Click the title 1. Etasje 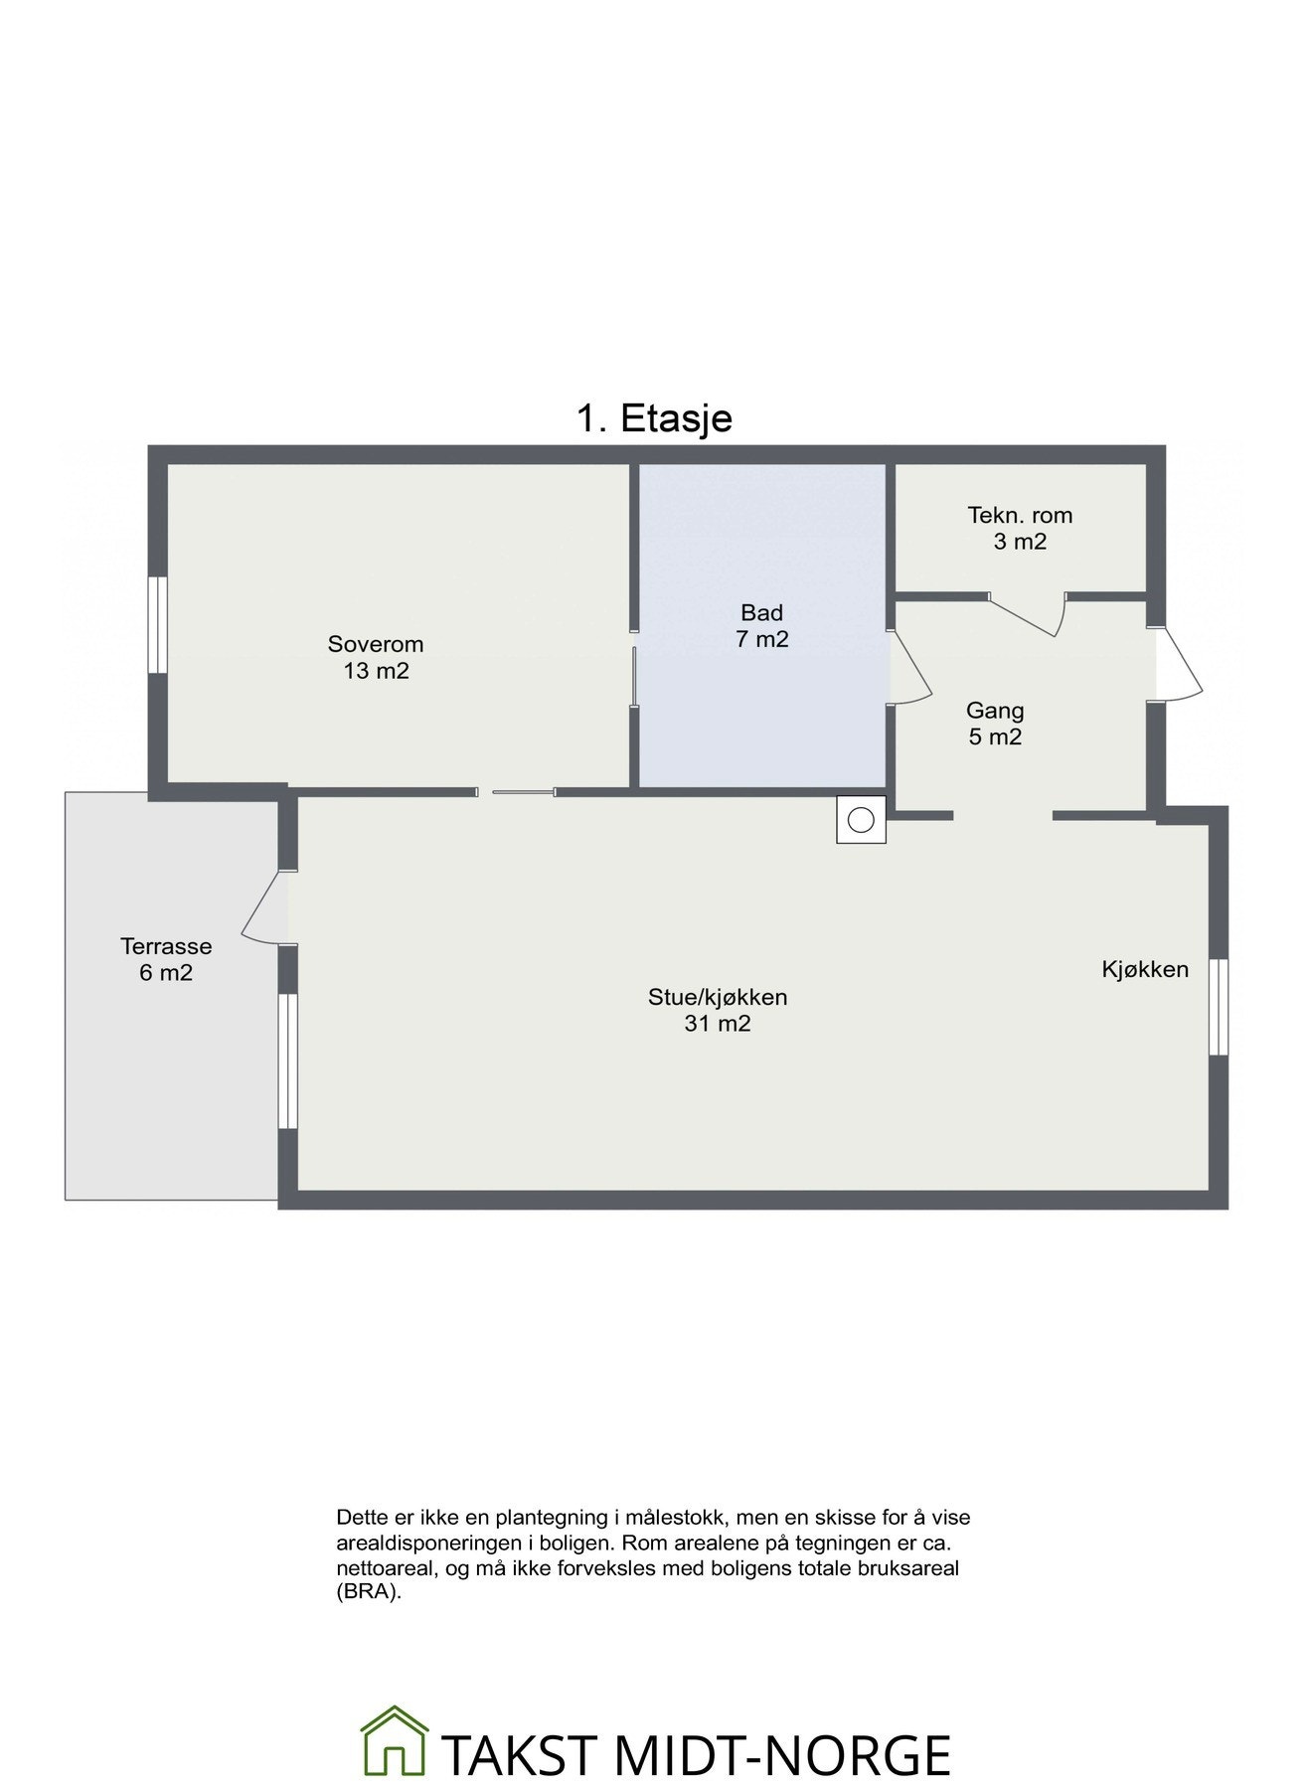654,418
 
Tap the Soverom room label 376,644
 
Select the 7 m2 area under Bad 761,639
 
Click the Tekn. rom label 1020,515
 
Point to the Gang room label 995,711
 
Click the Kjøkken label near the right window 1144,969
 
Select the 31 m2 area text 717,1024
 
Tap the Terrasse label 166,946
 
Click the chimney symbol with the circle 861,820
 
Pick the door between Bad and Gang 908,666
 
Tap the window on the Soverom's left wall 157,625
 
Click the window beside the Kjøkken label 1219,1007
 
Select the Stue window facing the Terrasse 287,1060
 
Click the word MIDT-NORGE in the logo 781,1756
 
